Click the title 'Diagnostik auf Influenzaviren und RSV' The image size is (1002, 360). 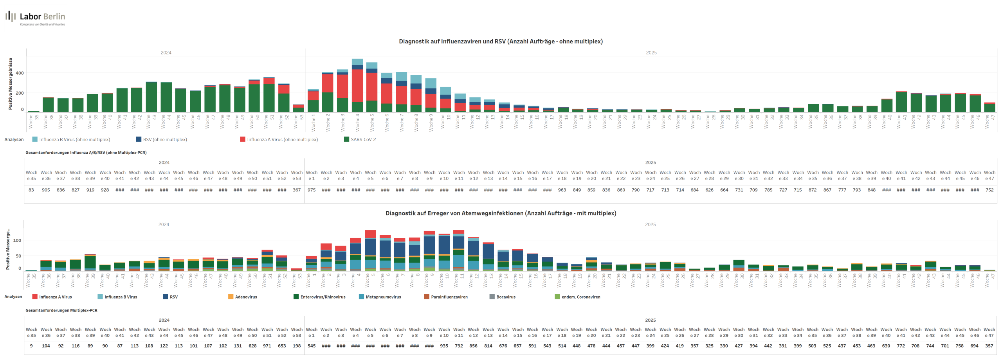point(500,41)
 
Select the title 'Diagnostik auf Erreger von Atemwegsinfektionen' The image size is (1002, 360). point(500,213)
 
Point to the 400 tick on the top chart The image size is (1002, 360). point(20,73)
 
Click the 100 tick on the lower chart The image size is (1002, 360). point(17,241)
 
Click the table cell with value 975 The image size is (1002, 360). point(312,190)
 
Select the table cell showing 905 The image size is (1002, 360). point(46,190)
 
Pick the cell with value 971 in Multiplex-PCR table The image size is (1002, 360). point(267,346)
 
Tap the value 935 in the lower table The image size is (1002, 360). point(444,346)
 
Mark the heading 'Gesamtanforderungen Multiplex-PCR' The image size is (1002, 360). point(61,310)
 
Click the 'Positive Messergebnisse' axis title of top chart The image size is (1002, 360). point(11,84)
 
